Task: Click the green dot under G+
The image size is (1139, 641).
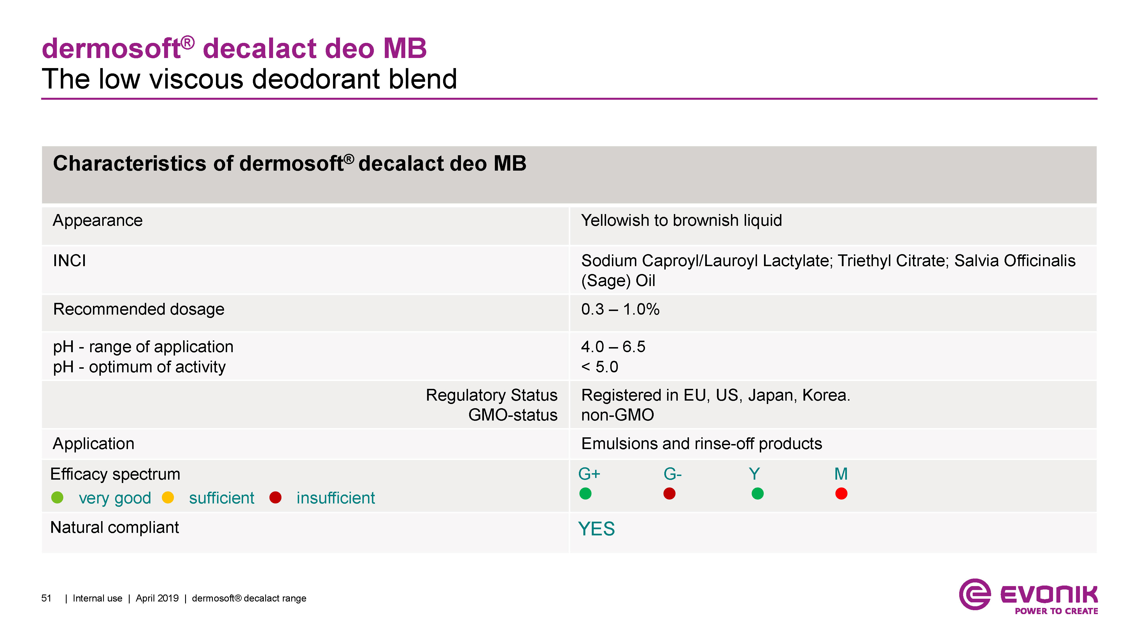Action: click(585, 493)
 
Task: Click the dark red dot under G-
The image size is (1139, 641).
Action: click(669, 493)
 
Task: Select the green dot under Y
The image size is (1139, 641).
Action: click(757, 493)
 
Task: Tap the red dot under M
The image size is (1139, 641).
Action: click(841, 493)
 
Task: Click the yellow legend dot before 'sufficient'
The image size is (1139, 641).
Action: click(168, 498)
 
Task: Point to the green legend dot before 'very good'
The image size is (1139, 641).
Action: click(57, 498)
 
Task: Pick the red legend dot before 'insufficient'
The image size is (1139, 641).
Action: click(276, 498)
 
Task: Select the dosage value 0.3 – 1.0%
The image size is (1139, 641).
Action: click(620, 309)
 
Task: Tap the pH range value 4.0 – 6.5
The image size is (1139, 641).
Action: click(613, 347)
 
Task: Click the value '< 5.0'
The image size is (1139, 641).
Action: click(600, 367)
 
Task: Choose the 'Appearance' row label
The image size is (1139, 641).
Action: click(98, 220)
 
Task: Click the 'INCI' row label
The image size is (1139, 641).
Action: click(69, 261)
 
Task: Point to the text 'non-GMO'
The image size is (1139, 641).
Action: click(617, 415)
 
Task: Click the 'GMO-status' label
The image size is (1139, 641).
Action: click(513, 415)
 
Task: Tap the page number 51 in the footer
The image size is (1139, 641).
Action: click(46, 598)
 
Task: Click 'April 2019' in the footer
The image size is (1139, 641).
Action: click(157, 598)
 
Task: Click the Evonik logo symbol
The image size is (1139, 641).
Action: click(975, 594)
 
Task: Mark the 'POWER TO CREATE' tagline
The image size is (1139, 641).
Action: click(1056, 611)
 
